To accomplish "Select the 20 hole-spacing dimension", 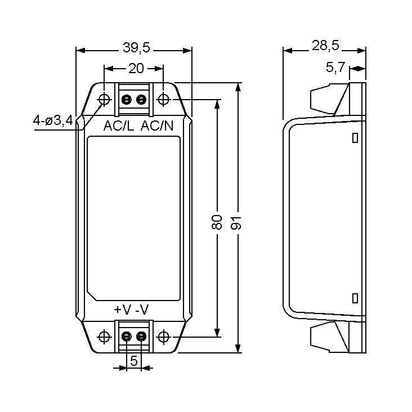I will tap(136, 69).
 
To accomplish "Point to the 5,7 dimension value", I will tap(335, 69).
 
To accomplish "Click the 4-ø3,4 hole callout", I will tap(53, 120).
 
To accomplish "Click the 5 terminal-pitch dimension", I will tap(133, 361).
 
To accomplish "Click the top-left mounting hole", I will tap(104, 100).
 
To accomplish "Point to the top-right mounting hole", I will tap(163, 100).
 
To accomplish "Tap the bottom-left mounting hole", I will tap(104, 337).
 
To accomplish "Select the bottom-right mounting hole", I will tap(163, 337).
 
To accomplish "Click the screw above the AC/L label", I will tap(127, 100).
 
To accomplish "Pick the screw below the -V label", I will tap(141, 337).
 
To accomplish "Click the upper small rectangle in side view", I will tap(355, 137).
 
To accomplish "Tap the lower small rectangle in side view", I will tap(355, 298).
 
